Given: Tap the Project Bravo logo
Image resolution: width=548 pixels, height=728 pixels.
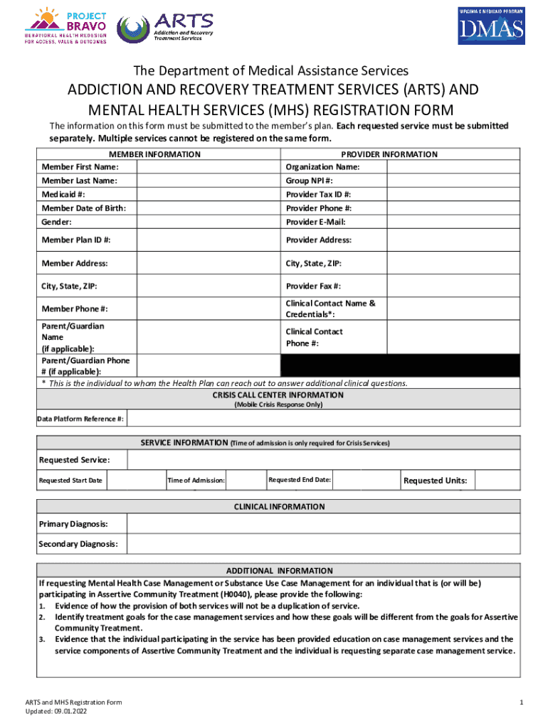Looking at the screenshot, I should (67, 26).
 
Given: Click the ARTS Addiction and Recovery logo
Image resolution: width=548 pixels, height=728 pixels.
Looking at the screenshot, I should (160, 27).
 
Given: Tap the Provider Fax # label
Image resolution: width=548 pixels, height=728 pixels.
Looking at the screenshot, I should (313, 286).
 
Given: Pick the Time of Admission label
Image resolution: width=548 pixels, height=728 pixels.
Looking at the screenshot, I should (196, 481).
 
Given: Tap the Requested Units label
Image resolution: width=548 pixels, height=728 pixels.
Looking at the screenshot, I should (435, 481).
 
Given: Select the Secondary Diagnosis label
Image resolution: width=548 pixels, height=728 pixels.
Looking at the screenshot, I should (79, 545).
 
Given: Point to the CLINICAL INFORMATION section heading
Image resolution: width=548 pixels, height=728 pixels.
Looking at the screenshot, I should (280, 507).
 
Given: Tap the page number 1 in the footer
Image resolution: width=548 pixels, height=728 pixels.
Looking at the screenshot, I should (521, 702).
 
